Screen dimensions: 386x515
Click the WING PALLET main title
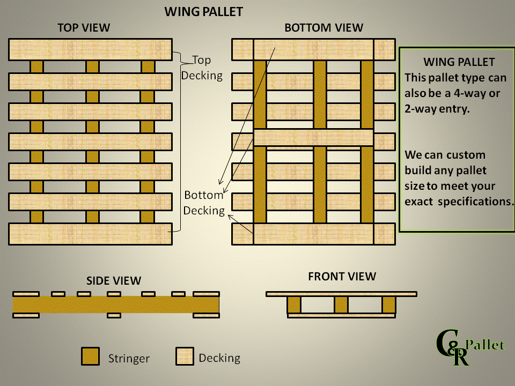pyautogui.click(x=203, y=11)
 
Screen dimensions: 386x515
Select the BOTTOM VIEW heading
pyautogui.click(x=323, y=28)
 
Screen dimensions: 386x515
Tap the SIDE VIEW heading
pyautogui.click(x=114, y=280)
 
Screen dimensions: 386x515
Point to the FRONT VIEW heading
pyautogui.click(x=342, y=277)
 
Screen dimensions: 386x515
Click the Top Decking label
pyautogui.click(x=202, y=68)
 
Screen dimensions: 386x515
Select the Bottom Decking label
pyautogui.click(x=204, y=203)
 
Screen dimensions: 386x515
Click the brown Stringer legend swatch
pyautogui.click(x=91, y=357)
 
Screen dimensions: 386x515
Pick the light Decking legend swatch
pyautogui.click(x=185, y=357)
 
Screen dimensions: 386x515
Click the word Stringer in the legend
pyautogui.click(x=129, y=358)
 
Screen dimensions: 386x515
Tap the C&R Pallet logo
pyautogui.click(x=469, y=348)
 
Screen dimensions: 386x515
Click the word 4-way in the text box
pyautogui.click(x=466, y=93)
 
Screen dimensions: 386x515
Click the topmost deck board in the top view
pyautogui.click(x=90, y=49)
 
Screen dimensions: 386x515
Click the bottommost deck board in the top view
pyautogui.click(x=90, y=234)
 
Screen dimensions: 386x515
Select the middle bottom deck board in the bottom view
pyautogui.click(x=313, y=137)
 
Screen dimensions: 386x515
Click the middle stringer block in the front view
pyautogui.click(x=341, y=305)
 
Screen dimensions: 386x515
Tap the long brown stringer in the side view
pyautogui.click(x=116, y=305)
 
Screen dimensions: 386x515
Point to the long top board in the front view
pyautogui.click(x=342, y=294)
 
